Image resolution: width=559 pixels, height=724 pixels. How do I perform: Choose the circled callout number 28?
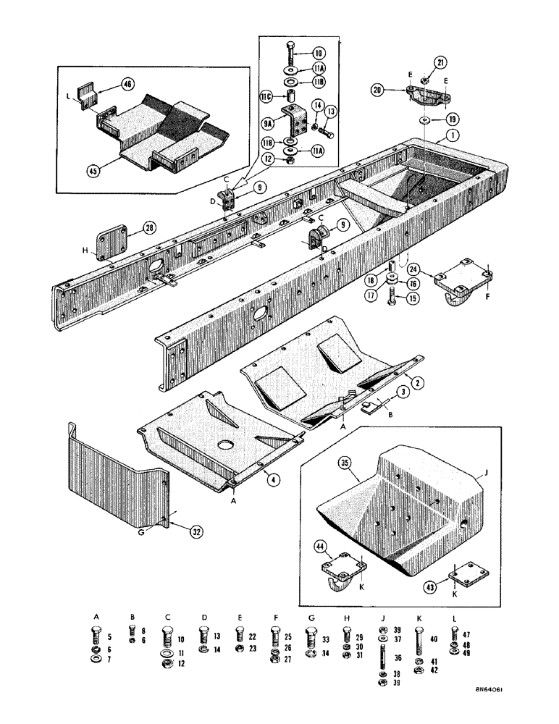pos(149,228)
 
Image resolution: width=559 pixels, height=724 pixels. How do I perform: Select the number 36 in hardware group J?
pos(397,658)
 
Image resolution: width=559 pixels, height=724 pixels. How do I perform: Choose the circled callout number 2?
pos(417,380)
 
